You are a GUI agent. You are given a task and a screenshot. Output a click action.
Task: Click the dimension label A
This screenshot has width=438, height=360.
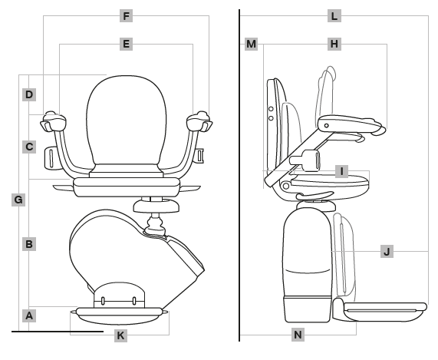pyautogui.click(x=28, y=315)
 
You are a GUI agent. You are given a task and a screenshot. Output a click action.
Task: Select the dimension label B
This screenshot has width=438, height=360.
pyautogui.click(x=28, y=244)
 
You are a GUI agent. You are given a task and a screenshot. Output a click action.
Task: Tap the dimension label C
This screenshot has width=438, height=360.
pyautogui.click(x=28, y=146)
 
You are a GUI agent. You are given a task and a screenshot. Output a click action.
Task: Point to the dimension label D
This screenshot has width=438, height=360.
pyautogui.click(x=28, y=95)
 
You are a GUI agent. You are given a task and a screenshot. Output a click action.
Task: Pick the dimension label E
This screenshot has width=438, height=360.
pyautogui.click(x=126, y=45)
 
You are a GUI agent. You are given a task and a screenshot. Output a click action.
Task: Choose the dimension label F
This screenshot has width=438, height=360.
pyautogui.click(x=126, y=15)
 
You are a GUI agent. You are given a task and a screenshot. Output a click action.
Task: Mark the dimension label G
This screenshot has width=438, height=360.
pyautogui.click(x=18, y=200)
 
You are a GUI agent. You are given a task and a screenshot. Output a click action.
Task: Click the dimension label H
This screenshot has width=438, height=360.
pyautogui.click(x=334, y=45)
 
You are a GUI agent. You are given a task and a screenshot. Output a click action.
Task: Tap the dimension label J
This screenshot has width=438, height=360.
pyautogui.click(x=387, y=251)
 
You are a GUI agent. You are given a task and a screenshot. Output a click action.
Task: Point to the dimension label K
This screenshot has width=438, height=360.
pyautogui.click(x=120, y=335)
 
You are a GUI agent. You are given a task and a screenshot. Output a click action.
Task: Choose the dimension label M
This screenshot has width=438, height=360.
pyautogui.click(x=252, y=45)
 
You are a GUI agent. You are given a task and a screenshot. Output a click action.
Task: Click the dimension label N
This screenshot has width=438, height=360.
pyautogui.click(x=298, y=335)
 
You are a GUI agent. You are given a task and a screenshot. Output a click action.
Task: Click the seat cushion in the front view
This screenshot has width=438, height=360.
pyautogui.click(x=127, y=182)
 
